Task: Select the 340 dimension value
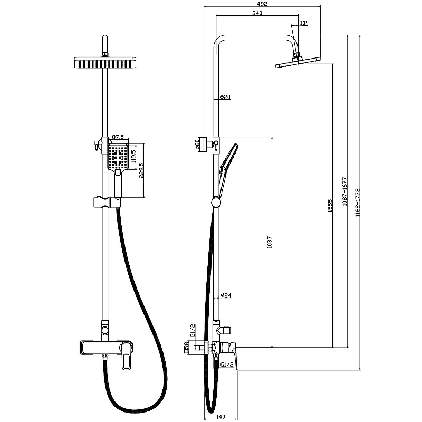258,14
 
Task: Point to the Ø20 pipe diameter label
225,97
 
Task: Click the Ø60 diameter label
197,145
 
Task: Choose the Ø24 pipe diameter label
225,295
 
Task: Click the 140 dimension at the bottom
221,417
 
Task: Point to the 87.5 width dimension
118,138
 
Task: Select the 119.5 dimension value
133,159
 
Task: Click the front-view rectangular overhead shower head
107,63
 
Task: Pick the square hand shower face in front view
119,157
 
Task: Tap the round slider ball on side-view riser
215,202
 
